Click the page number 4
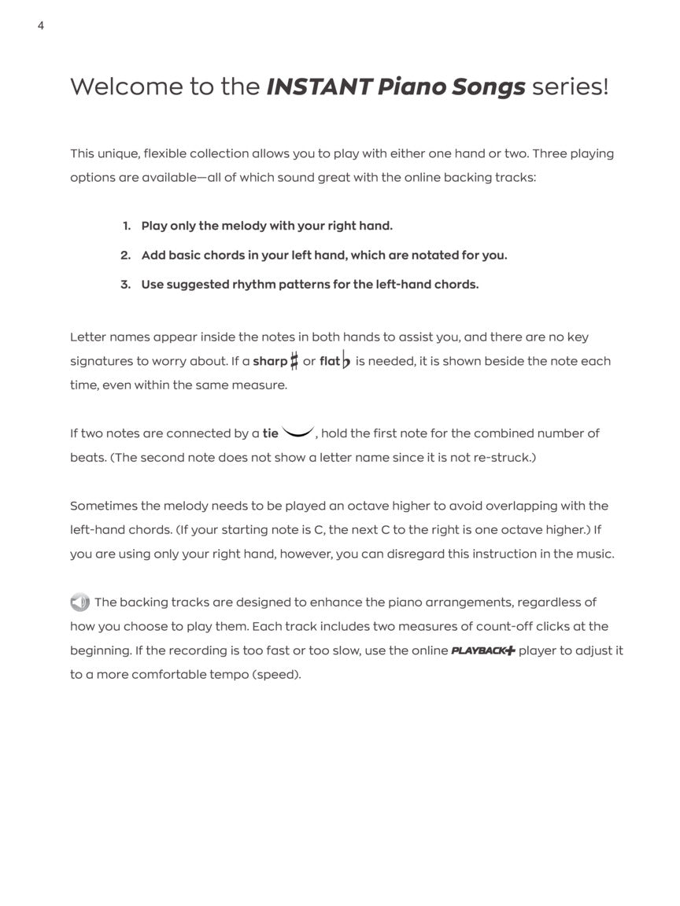(40, 26)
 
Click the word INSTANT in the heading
(318, 87)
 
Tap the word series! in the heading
(570, 87)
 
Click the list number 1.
(127, 226)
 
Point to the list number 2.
(125, 255)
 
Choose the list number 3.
(125, 284)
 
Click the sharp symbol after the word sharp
(294, 361)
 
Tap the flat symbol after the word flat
(346, 361)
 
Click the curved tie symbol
(298, 432)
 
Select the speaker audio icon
(79, 602)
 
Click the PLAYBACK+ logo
(483, 650)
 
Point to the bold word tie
(270, 433)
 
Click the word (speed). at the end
(276, 675)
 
